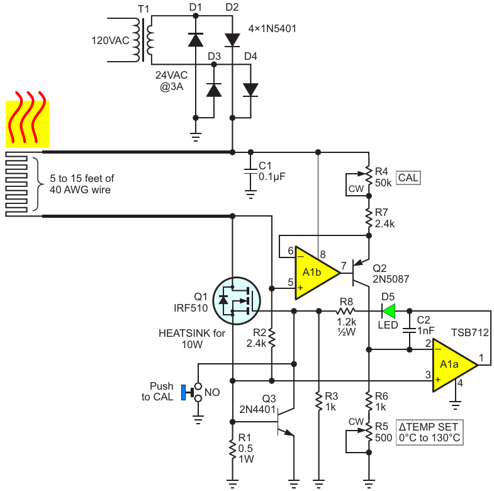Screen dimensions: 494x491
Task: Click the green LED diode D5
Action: (388, 312)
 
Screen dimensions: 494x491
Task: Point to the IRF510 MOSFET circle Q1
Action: (237, 301)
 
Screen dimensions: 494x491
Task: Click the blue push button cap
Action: (183, 392)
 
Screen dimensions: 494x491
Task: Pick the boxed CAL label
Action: (408, 178)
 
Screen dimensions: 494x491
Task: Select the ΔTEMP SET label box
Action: (429, 432)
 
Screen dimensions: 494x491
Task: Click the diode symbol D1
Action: (196, 40)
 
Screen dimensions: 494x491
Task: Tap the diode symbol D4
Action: (251, 90)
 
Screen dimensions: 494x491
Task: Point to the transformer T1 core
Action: (143, 40)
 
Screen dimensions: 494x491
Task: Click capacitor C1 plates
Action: (251, 171)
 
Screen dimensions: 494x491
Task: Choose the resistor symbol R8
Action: (345, 312)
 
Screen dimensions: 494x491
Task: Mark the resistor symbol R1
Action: (232, 450)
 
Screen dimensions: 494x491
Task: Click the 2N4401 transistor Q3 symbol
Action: (286, 422)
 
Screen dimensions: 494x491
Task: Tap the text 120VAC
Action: (110, 41)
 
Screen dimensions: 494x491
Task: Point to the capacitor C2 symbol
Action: (410, 330)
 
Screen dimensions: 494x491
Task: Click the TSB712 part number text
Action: (469, 332)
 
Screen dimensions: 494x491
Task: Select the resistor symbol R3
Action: (319, 402)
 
